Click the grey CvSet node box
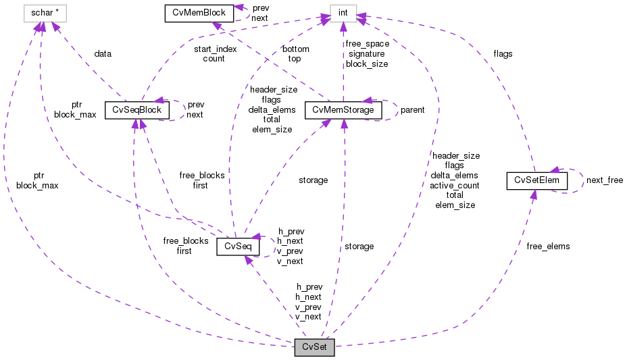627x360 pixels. tap(314, 348)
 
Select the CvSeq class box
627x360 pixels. tap(234, 247)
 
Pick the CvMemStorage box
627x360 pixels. tap(344, 110)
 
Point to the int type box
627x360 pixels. tap(343, 13)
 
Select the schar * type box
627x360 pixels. tap(43, 13)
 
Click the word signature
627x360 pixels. tap(366, 54)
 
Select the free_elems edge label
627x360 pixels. tap(548, 247)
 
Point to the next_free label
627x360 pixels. tap(604, 180)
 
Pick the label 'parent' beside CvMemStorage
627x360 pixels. tap(412, 110)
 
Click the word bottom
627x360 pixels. tap(296, 49)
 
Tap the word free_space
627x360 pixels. tap(367, 44)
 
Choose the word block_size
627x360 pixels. tap(367, 64)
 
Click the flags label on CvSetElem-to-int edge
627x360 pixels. tap(503, 54)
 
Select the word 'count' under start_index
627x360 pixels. tap(214, 59)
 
